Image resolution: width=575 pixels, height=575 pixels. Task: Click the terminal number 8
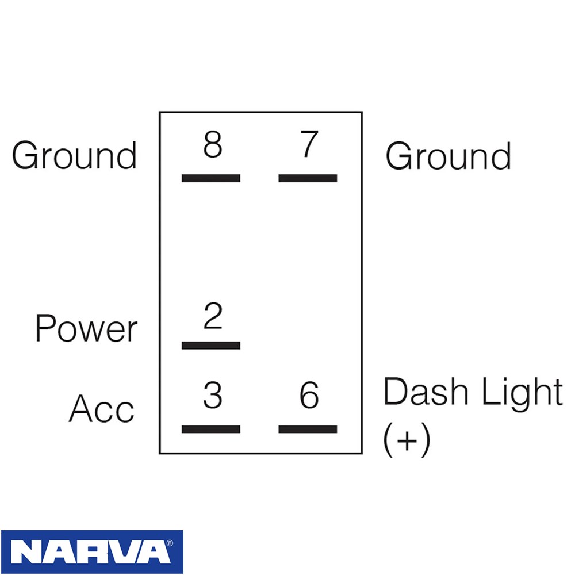click(213, 144)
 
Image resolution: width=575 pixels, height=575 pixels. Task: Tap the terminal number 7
click(309, 144)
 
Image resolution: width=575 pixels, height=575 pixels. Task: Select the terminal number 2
click(213, 316)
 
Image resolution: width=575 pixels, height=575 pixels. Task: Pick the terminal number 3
click(213, 395)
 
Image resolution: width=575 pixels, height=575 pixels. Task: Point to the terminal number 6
click(309, 395)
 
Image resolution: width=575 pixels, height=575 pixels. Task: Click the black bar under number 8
click(211, 178)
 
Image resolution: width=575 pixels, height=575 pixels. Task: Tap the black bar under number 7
click(308, 178)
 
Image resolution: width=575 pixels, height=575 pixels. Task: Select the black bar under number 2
click(211, 345)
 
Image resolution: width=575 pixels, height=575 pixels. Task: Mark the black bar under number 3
click(211, 429)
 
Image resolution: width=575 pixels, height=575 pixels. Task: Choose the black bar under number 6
click(308, 429)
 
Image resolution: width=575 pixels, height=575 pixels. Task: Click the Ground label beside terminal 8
click(74, 155)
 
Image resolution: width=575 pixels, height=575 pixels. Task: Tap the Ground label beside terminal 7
click(448, 156)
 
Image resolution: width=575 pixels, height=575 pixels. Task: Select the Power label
click(86, 328)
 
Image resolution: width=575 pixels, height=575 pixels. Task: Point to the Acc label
click(102, 408)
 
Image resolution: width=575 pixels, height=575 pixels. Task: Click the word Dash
click(425, 391)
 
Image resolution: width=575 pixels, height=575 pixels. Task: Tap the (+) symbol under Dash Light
click(407, 440)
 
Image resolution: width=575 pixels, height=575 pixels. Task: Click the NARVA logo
click(92, 551)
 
